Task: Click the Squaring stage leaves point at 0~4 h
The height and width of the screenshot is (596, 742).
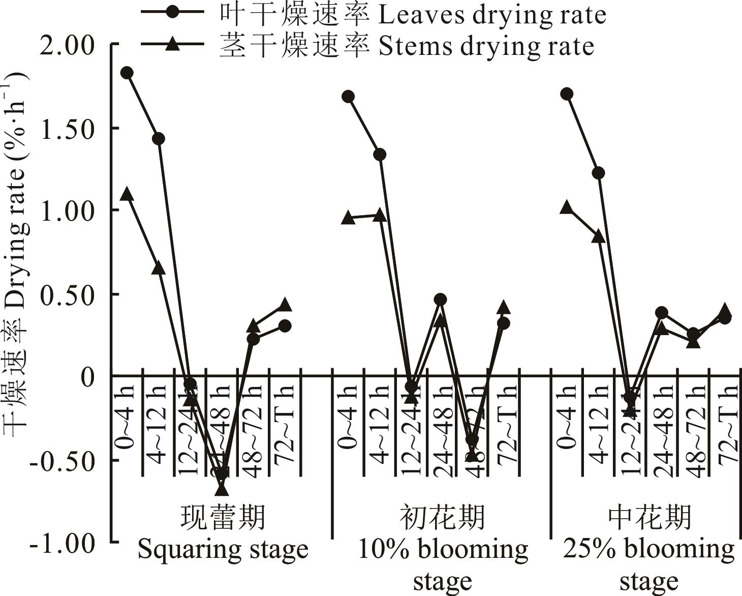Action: pos(127,73)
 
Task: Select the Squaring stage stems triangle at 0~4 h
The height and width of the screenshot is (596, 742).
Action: pos(127,195)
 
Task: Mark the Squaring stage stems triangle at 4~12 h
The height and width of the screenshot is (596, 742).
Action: pos(158,268)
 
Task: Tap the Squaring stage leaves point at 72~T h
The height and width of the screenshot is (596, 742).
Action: pos(285,325)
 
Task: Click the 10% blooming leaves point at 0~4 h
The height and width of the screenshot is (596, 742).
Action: pos(348,97)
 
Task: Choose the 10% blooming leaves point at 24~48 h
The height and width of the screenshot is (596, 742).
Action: pos(440,299)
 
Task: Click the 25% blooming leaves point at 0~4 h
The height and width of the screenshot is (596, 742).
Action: pos(567,94)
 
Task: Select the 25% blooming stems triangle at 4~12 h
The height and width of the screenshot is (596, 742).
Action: pos(598,236)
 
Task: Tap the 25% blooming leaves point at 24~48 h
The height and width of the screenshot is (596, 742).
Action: pos(661,312)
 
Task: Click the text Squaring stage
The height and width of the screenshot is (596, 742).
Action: pos(223,550)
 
